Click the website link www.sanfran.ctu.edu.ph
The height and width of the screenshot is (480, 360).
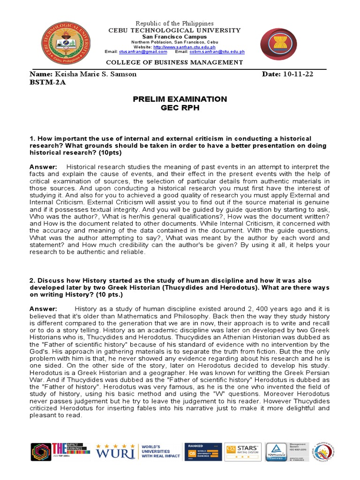click(184, 47)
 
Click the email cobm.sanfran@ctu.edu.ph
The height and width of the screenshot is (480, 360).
click(217, 52)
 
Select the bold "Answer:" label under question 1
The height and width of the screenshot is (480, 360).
click(43, 167)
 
